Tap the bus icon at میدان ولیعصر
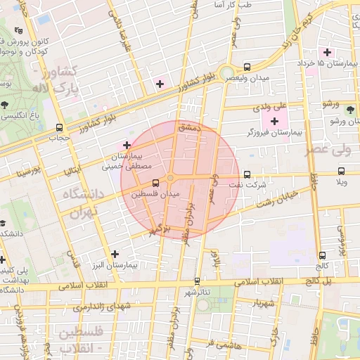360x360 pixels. click(x=247, y=67)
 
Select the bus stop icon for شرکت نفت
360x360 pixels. click(x=246, y=174)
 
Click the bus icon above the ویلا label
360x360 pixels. click(x=342, y=171)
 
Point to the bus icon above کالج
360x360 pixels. click(x=323, y=255)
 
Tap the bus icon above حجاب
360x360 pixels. click(x=59, y=128)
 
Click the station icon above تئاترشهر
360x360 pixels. click(x=197, y=281)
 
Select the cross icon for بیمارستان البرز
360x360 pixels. click(x=115, y=254)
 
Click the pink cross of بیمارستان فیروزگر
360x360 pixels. click(x=274, y=122)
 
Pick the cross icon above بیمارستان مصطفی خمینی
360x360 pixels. click(x=126, y=145)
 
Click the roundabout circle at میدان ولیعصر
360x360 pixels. click(x=227, y=73)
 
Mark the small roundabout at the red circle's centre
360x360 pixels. click(x=170, y=176)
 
